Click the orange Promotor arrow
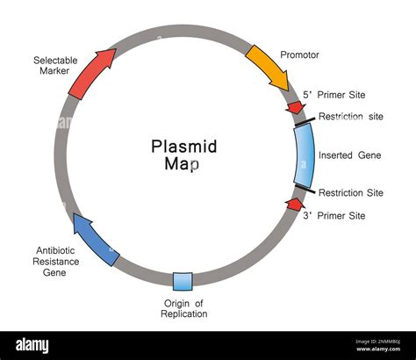tap(269, 68)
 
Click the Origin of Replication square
tap(183, 281)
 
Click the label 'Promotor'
tap(299, 54)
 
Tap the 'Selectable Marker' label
tap(54, 66)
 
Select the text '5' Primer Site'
tap(334, 95)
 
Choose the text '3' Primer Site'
tap(334, 215)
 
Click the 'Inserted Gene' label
tap(351, 155)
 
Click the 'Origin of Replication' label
tap(184, 308)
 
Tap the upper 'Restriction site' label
tap(351, 117)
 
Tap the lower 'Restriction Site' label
tap(351, 193)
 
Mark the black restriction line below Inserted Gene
tap(305, 190)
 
